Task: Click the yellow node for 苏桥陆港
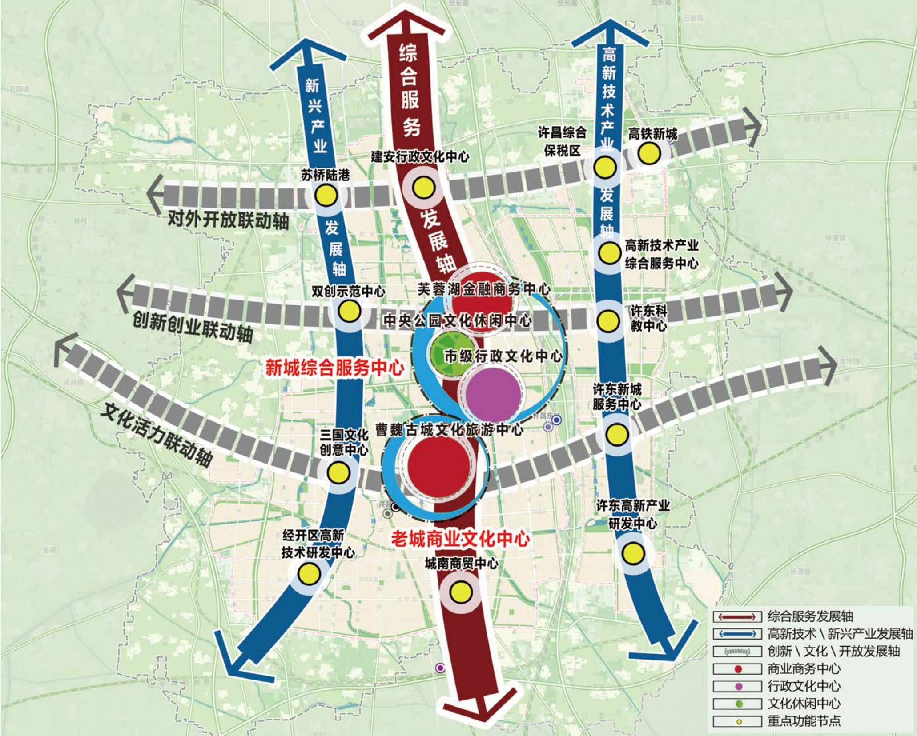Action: pos(326,196)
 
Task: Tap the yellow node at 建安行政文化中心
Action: pos(423,188)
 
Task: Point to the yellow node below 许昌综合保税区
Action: pos(605,168)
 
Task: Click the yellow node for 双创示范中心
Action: pos(349,311)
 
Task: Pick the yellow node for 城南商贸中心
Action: pos(461,592)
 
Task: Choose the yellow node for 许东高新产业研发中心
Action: pos(633,553)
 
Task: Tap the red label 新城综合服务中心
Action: pos(334,367)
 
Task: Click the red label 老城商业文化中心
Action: pos(460,539)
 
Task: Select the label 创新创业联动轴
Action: pos(193,327)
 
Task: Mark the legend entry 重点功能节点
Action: pos(804,721)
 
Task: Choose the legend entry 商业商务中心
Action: pos(804,668)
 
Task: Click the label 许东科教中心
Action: pos(649,318)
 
